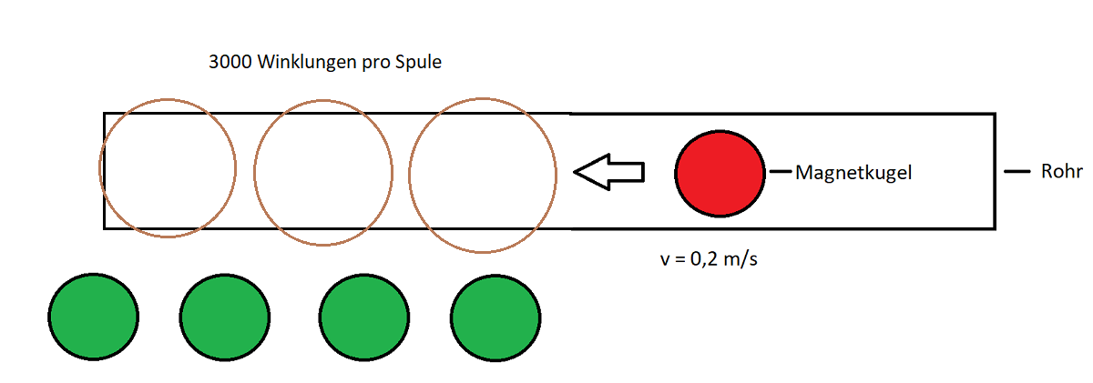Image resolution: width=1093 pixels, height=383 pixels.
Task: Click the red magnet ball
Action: tap(720, 173)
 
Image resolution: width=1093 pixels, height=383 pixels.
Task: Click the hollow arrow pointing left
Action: tap(609, 172)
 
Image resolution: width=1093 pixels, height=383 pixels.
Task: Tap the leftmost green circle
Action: tap(93, 317)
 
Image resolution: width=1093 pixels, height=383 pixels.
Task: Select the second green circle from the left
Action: tap(225, 317)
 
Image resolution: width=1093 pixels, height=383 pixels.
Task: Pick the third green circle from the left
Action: tap(364, 317)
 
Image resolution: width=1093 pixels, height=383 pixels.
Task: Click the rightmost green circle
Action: tap(495, 318)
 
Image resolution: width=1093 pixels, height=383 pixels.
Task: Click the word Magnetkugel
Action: tap(853, 173)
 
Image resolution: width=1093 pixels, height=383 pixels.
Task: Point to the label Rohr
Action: tap(1062, 172)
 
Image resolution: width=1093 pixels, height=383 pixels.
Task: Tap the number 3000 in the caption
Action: tap(230, 62)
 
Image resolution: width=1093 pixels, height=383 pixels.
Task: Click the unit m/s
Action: tap(741, 259)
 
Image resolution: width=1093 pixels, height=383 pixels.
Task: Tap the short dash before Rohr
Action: tap(1016, 172)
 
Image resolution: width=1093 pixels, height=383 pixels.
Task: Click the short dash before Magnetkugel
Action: tap(781, 172)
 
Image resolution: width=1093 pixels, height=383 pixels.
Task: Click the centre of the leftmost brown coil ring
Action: tap(168, 168)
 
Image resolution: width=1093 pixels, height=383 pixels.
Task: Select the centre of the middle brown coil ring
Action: tap(323, 173)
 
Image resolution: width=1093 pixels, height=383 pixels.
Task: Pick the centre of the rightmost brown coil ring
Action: tap(483, 176)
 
